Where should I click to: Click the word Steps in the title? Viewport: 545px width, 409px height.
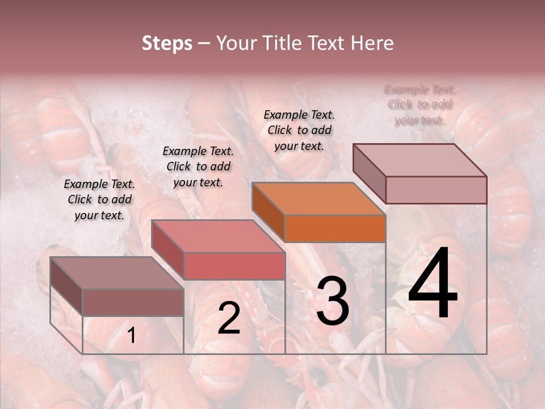167,43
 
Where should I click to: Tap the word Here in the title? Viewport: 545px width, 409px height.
372,43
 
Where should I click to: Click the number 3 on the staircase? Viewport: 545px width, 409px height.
332,301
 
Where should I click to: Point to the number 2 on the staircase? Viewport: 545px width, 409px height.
229,318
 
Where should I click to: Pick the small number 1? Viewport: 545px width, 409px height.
131,336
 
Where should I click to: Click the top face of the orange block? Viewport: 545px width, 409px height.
318,199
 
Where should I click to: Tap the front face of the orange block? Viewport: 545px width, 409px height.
335,229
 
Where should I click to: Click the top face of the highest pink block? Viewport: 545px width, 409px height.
420,160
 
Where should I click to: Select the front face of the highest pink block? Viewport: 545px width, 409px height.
436,190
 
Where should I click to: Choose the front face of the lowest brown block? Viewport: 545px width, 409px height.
133,302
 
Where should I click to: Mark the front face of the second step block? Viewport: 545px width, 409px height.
234,266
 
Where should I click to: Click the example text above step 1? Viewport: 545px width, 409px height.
99,199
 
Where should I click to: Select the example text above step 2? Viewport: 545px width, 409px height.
198,166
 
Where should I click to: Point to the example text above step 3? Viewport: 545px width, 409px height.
299,130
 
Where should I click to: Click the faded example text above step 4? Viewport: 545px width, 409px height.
420,105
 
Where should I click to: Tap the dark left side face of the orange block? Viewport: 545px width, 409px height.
268,212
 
